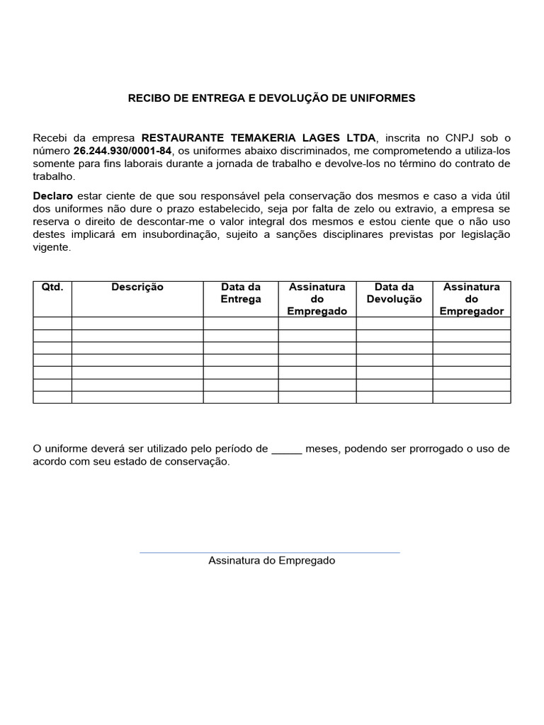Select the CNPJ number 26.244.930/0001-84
pyautogui.click(x=122, y=151)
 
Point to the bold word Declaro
pyautogui.click(x=53, y=195)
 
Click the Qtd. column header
pyautogui.click(x=52, y=287)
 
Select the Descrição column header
pyautogui.click(x=137, y=287)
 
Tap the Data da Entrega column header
pyautogui.click(x=241, y=293)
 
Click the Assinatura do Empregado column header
pyautogui.click(x=317, y=299)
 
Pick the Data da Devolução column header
pyautogui.click(x=394, y=293)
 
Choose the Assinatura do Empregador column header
pyautogui.click(x=471, y=299)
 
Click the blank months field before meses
pyautogui.click(x=287, y=449)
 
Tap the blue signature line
pyautogui.click(x=270, y=552)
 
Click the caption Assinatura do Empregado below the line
pyautogui.click(x=271, y=561)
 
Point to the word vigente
pyautogui.click(x=52, y=248)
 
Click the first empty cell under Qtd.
pyautogui.click(x=52, y=324)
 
